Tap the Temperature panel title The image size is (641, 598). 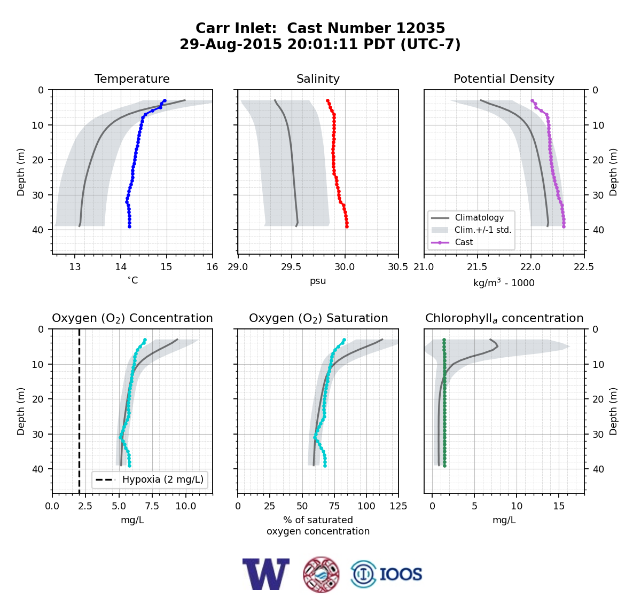132,79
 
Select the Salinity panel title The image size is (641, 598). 318,79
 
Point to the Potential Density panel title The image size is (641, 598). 504,79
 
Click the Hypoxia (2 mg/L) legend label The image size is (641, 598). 163,479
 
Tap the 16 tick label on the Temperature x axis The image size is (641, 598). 213,267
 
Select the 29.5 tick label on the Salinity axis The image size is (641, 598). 291,267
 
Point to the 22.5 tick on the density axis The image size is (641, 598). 584,267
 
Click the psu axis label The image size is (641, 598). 318,281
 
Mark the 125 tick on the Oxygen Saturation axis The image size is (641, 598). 398,506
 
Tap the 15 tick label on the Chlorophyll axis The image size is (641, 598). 559,506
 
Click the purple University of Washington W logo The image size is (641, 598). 266,574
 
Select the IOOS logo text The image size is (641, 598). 401,575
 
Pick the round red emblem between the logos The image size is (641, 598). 321,575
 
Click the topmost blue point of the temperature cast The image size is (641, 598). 165,101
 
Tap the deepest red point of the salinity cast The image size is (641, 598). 347,226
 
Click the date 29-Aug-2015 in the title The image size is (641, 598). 230,44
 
